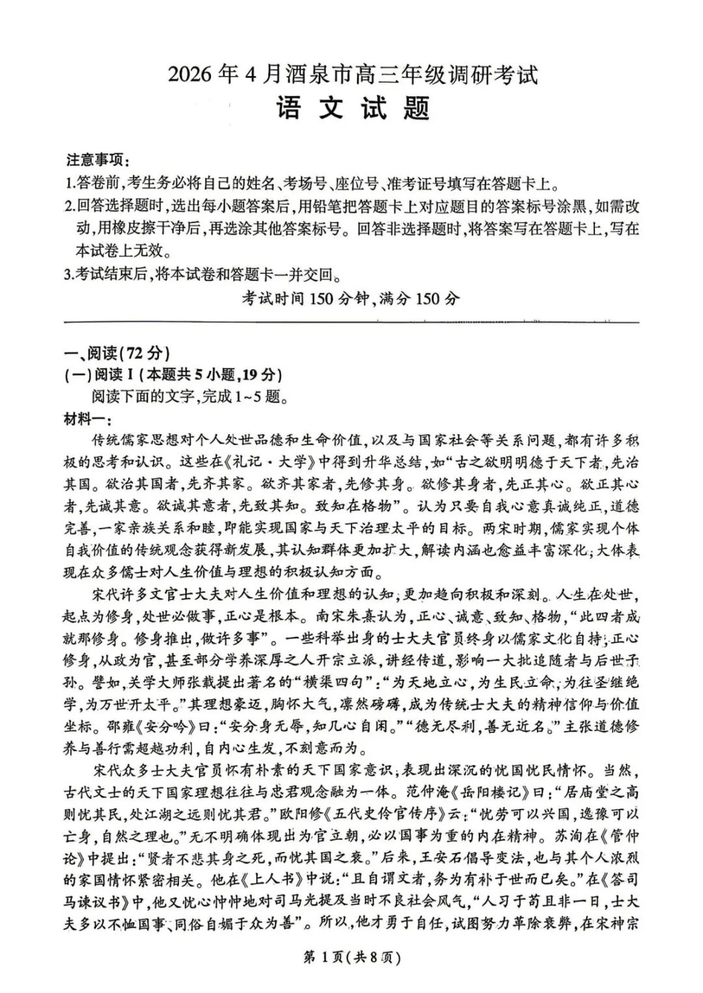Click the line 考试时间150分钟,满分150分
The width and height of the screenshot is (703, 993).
(351, 298)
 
